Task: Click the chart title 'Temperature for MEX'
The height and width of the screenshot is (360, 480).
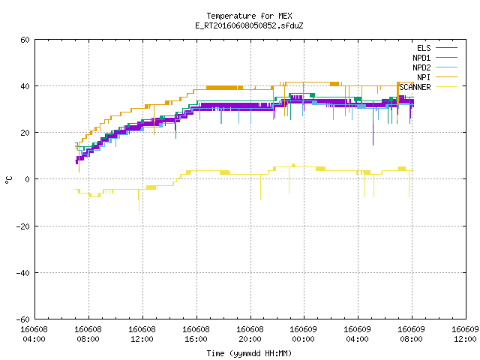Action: point(249,16)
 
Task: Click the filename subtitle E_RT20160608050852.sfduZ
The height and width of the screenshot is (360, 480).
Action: point(249,25)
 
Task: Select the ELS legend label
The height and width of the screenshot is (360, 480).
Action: point(424,48)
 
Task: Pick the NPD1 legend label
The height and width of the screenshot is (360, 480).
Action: point(421,58)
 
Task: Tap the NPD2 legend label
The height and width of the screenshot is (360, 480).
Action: point(421,67)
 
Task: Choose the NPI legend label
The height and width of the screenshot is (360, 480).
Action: point(424,77)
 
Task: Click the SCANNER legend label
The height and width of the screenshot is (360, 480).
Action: point(415,87)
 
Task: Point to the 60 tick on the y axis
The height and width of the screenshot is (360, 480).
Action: point(25,40)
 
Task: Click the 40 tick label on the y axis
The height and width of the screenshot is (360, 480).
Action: point(25,86)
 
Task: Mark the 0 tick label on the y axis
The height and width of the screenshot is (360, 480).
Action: point(28,179)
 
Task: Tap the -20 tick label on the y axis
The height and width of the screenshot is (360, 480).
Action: point(23,226)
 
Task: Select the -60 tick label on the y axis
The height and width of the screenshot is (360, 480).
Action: point(23,319)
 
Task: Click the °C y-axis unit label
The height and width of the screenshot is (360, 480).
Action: point(8,180)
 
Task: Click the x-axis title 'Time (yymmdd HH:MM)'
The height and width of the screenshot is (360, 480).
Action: point(249,353)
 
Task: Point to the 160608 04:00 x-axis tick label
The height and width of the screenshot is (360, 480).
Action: point(34,334)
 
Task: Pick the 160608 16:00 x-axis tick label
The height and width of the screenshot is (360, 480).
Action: point(196,334)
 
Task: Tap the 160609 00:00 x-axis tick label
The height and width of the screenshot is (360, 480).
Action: point(303,334)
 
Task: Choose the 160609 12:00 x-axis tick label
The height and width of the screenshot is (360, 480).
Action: point(465,334)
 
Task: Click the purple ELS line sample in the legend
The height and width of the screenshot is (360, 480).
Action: point(446,48)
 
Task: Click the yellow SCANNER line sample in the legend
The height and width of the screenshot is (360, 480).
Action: point(446,87)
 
